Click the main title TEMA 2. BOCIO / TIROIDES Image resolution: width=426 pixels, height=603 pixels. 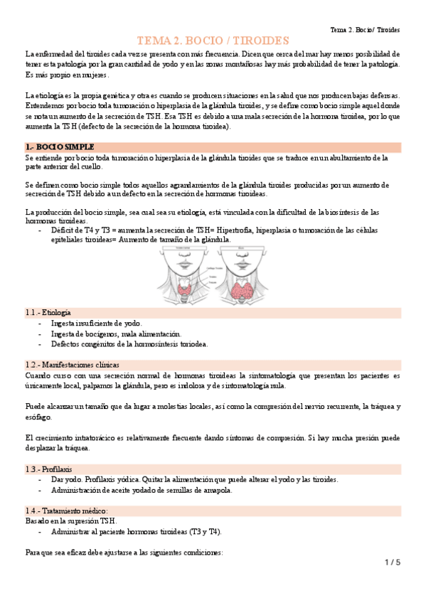click(213, 41)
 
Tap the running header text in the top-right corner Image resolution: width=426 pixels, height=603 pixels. click(365, 31)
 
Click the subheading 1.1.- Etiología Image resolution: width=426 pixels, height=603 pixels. click(48, 312)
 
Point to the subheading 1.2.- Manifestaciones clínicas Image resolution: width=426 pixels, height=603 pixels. click(72, 364)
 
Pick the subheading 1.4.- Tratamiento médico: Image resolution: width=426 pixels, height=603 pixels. click(66, 511)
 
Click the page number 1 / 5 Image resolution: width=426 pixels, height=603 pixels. click(393, 562)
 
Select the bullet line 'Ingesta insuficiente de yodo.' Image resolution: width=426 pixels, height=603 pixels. click(97, 323)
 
